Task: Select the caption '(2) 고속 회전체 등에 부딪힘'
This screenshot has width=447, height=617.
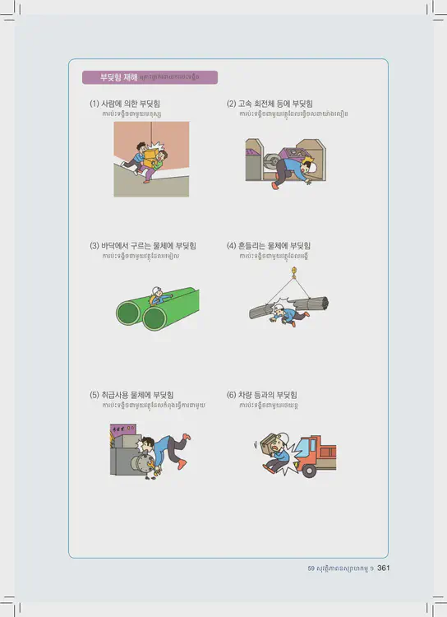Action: click(270, 104)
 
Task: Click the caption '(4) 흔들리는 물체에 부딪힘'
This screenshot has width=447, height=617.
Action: click(268, 246)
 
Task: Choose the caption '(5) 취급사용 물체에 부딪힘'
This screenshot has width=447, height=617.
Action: click(131, 395)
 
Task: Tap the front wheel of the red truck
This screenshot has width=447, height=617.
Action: click(309, 471)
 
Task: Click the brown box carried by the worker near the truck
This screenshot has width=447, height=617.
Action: click(269, 444)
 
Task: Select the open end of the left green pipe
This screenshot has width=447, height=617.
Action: click(128, 313)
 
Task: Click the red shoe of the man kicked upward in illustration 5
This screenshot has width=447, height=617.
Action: click(187, 437)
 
